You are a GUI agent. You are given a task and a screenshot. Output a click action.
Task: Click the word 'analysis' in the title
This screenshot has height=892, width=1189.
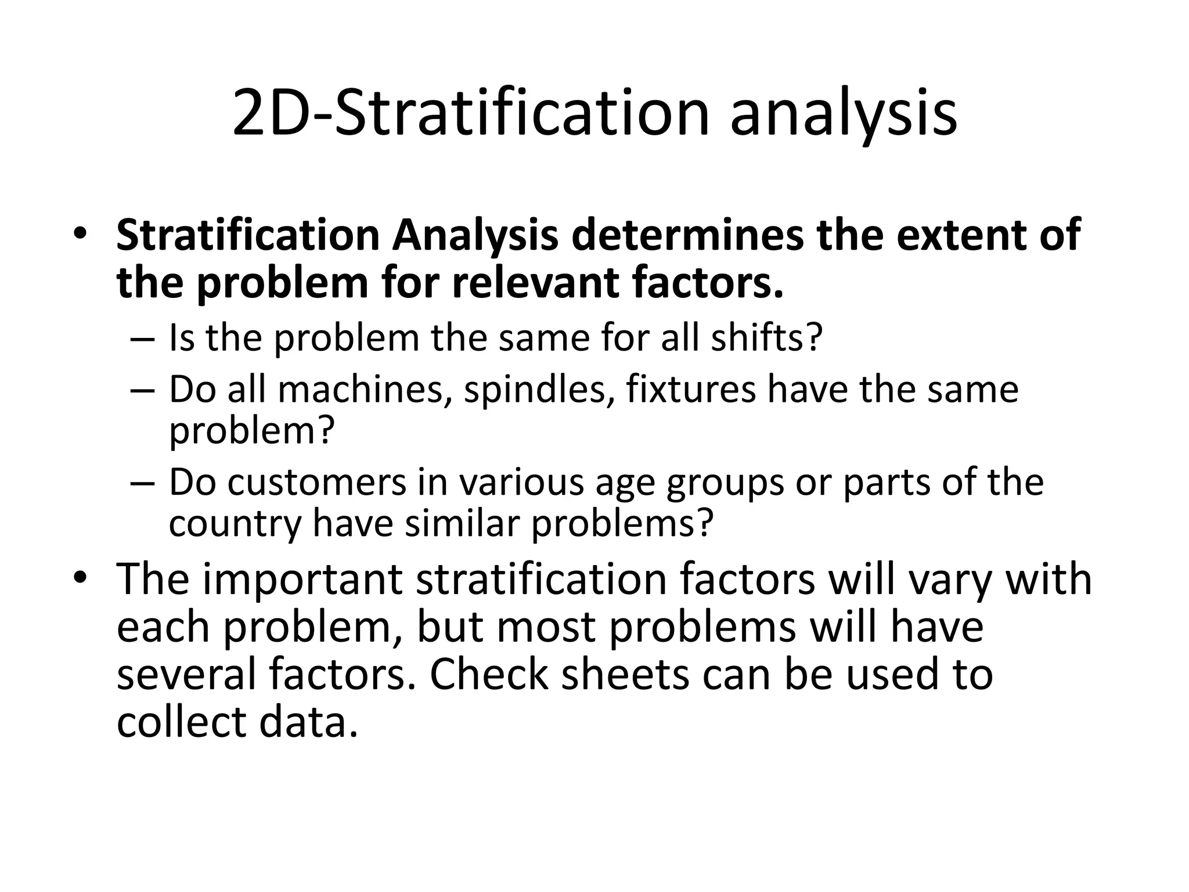(843, 113)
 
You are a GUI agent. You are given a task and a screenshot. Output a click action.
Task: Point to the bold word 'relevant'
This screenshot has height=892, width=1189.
(535, 283)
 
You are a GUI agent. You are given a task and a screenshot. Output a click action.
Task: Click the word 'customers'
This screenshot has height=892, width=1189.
(317, 482)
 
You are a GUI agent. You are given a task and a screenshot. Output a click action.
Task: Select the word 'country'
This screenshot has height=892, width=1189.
(235, 524)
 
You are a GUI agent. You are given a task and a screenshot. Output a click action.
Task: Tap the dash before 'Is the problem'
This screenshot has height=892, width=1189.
(143, 339)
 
